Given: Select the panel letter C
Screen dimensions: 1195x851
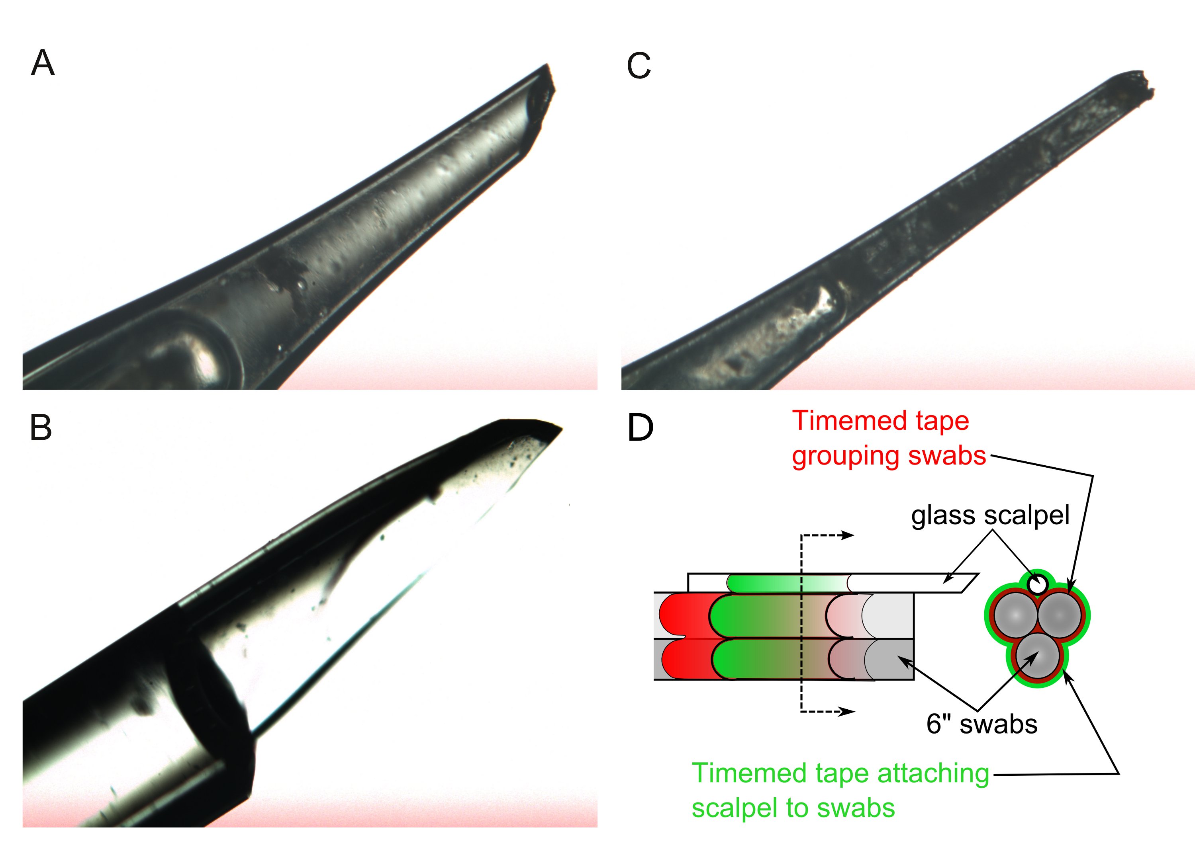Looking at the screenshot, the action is pyautogui.click(x=639, y=66).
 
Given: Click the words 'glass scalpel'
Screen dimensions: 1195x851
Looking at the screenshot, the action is pyautogui.click(x=990, y=515).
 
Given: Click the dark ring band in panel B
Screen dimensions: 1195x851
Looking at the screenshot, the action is pyautogui.click(x=210, y=697).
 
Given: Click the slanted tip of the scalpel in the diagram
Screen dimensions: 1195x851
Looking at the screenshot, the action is pyautogui.click(x=968, y=582).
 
